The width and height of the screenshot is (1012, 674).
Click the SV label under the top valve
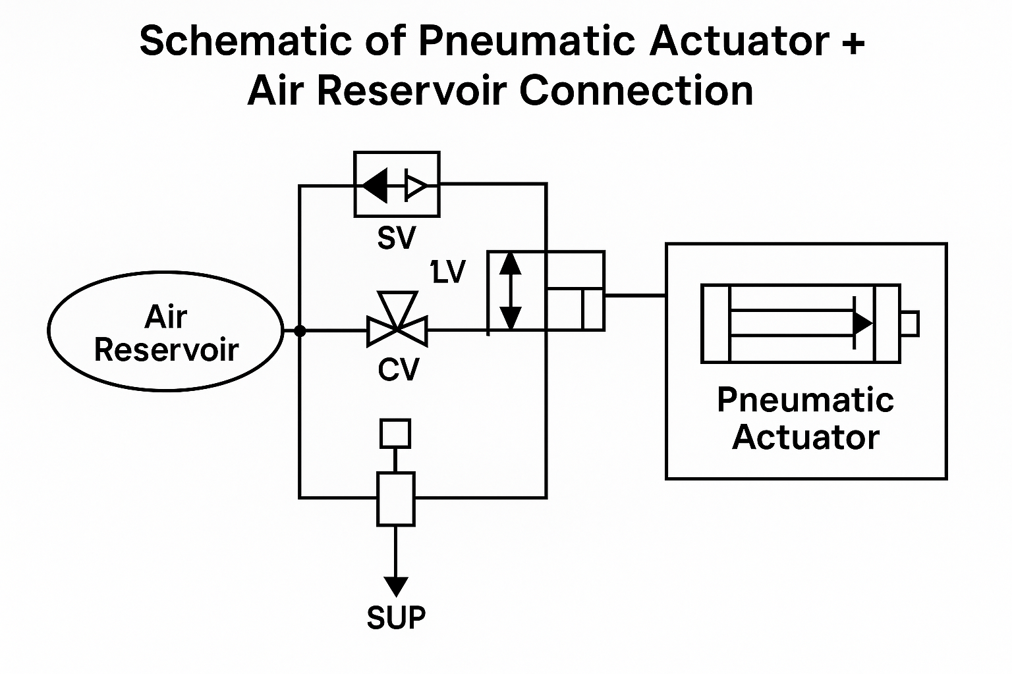(x=397, y=238)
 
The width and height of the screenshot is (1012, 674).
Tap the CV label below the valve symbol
(x=399, y=370)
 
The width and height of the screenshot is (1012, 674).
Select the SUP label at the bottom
(x=396, y=617)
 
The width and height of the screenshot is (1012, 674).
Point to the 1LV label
(x=448, y=272)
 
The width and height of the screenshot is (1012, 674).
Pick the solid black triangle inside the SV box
(x=376, y=186)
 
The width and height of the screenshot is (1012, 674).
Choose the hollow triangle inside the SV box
(x=416, y=186)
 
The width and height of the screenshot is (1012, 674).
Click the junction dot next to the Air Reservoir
(x=300, y=330)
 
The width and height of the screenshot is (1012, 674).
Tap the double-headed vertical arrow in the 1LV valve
(x=510, y=290)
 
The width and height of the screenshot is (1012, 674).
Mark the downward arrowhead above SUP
(x=396, y=585)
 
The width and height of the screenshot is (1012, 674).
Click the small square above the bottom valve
(x=395, y=434)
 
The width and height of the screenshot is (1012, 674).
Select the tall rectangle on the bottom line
(x=395, y=499)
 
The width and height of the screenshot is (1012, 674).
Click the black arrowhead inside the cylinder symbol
(x=862, y=323)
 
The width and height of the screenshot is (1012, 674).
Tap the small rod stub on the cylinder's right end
(x=910, y=324)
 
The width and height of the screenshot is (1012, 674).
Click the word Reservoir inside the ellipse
(x=167, y=350)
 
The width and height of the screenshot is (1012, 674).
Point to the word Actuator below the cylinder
(x=806, y=437)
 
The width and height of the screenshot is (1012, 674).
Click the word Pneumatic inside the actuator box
(x=805, y=400)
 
